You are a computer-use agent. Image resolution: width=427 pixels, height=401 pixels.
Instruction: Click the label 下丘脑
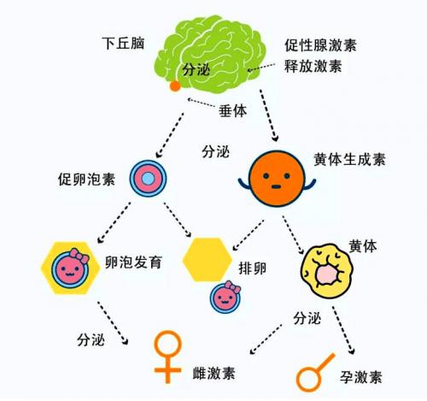(123, 44)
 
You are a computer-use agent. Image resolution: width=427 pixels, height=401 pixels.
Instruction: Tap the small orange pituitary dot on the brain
(175, 86)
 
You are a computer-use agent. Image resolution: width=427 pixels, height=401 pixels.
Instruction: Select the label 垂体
(232, 111)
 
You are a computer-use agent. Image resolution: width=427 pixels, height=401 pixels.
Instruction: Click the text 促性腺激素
(320, 45)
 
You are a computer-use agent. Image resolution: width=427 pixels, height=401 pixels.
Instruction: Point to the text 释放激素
(313, 66)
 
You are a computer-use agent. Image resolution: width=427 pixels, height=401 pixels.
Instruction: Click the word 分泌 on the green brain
(196, 69)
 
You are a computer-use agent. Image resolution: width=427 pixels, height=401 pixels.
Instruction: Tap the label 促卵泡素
(86, 180)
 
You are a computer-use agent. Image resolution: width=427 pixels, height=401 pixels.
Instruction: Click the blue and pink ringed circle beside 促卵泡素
(148, 179)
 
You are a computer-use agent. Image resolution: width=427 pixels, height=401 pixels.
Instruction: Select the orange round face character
(277, 179)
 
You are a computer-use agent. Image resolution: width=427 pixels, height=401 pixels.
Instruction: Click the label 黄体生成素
(349, 159)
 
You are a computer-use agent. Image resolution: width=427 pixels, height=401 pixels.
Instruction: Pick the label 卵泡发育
(133, 262)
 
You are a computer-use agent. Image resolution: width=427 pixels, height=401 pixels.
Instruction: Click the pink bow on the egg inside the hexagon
(79, 256)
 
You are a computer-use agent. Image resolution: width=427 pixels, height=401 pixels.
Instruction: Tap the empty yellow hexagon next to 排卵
(208, 260)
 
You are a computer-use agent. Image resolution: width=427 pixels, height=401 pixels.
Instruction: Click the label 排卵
(253, 268)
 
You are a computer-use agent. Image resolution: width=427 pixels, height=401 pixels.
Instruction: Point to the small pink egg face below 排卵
(225, 297)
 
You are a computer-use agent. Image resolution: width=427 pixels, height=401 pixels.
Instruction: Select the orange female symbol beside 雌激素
(168, 357)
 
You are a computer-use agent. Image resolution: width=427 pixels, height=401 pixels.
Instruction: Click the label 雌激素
(214, 373)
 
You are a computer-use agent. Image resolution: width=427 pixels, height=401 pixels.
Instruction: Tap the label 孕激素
(361, 377)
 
